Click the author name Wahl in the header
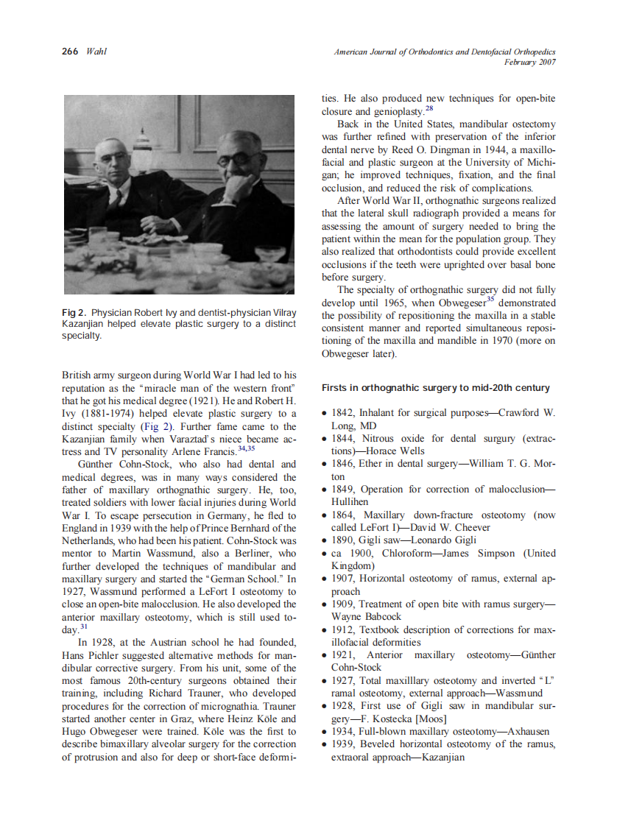[96, 52]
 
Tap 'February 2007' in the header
[529, 62]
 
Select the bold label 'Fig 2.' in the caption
[75, 313]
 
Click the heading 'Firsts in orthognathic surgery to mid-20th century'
[435, 388]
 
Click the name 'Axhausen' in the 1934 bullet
[524, 732]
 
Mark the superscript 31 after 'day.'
[84, 627]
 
